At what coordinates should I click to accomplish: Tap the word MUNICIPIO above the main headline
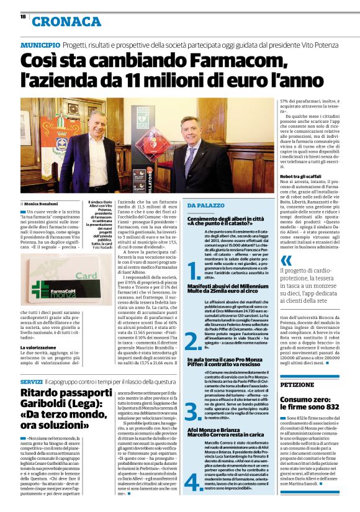coord(40,46)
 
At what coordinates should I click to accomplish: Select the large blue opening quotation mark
coord(286,262)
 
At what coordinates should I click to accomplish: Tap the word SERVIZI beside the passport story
coord(31,380)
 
